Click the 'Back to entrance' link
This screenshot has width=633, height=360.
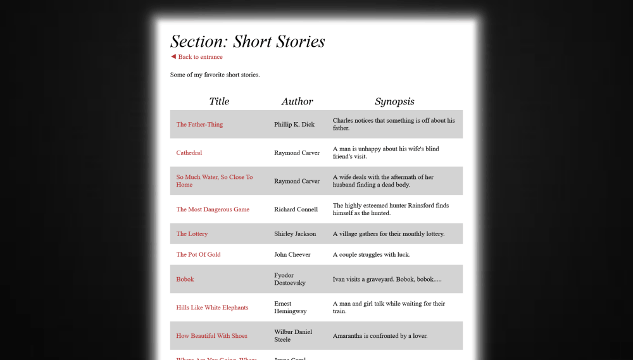[200, 57]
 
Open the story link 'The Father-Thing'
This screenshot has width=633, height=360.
[199, 125]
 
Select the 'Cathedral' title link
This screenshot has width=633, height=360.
[189, 153]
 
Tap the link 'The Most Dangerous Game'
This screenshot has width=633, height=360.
[213, 209]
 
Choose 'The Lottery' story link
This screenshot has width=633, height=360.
[192, 234]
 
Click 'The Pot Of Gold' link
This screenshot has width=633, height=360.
[198, 254]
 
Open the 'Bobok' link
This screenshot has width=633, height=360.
[185, 279]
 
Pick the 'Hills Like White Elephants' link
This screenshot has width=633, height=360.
[212, 307]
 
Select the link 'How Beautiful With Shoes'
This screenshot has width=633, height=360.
[211, 336]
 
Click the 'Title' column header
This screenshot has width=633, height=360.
[219, 101]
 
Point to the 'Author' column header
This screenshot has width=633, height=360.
[298, 101]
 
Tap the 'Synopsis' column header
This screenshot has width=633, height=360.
[394, 101]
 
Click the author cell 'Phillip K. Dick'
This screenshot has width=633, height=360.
[294, 125]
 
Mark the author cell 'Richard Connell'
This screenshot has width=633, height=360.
[296, 209]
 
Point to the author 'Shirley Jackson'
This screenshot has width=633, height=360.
[295, 234]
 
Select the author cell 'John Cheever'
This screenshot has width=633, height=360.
[292, 254]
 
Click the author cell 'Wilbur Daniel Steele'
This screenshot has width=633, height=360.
[293, 336]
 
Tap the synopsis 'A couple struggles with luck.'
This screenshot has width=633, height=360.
[372, 254]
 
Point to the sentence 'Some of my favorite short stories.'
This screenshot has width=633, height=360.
[215, 75]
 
